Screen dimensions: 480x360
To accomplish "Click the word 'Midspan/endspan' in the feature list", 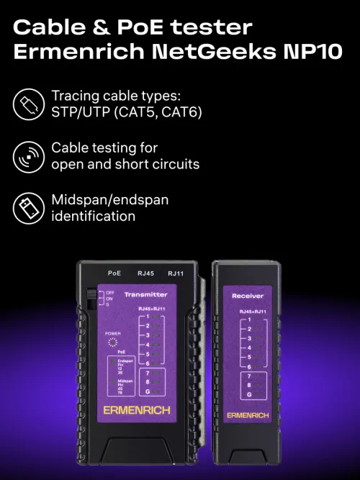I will tap(109, 199).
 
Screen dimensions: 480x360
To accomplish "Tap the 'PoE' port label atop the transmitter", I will tap(114, 273).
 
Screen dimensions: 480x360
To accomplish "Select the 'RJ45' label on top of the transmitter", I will tap(146, 273).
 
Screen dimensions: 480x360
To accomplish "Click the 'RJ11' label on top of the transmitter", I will tap(176, 273).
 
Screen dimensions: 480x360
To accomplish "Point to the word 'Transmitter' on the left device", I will tap(145, 295).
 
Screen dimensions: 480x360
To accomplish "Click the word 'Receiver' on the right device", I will tap(247, 296).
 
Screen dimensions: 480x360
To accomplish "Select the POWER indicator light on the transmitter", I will tap(112, 344).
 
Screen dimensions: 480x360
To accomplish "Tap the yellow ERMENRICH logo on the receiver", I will tap(248, 415).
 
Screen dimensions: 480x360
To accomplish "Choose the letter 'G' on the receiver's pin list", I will tap(249, 395).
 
